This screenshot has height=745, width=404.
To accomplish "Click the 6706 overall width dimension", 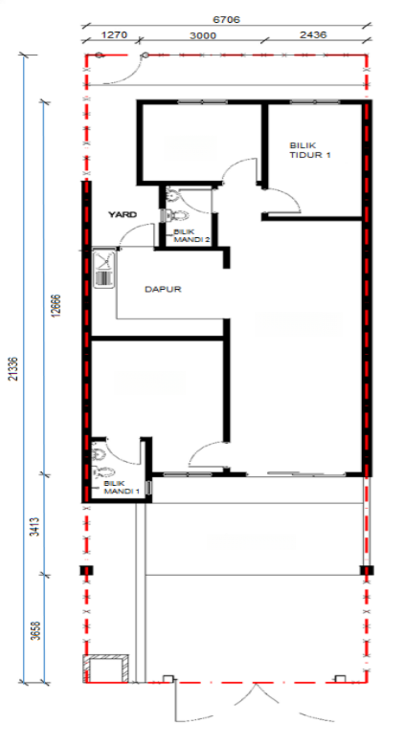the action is (226, 20).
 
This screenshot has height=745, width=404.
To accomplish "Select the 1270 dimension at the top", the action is (114, 35).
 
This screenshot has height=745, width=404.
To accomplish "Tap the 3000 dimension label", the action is (203, 36).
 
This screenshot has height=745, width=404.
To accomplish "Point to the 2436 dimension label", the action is (313, 35).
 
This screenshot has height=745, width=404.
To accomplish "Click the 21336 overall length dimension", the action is (13, 369).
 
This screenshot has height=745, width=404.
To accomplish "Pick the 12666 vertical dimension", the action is (56, 305).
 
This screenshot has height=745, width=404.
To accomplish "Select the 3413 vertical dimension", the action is (35, 526).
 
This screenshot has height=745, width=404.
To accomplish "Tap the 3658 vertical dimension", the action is (35, 631).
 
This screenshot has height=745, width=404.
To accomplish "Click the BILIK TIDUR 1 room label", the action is (310, 150).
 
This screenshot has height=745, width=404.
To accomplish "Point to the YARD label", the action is (122, 215).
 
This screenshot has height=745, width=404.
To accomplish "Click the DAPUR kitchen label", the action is (163, 289).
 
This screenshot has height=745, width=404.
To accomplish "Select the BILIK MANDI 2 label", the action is (192, 235).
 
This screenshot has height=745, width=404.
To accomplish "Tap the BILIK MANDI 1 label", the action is (121, 487).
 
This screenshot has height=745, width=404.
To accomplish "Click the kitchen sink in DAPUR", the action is (104, 269).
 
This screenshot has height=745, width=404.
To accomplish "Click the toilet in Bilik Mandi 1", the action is (104, 472).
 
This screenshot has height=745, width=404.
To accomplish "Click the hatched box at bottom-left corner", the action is (106, 669).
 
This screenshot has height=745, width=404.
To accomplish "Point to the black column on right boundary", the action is (367, 570).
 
